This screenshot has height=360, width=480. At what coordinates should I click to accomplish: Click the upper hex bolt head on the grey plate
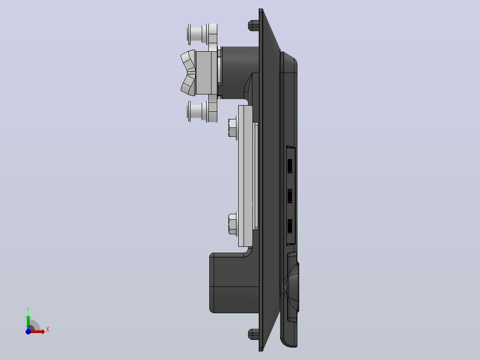pyautogui.click(x=232, y=127)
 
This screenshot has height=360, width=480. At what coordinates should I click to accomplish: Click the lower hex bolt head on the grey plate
pyautogui.click(x=232, y=224)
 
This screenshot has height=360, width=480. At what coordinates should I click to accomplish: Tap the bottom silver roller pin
pyautogui.click(x=202, y=111)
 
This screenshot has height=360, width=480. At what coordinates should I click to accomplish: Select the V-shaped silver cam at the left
pyautogui.click(x=189, y=73)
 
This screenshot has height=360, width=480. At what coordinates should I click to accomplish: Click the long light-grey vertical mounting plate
pyautogui.click(x=245, y=176)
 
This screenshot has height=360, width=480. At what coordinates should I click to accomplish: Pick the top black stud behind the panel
pyautogui.click(x=253, y=25)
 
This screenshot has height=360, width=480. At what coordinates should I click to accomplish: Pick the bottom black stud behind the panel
pyautogui.click(x=253, y=334)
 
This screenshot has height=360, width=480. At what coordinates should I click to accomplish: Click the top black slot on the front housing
pyautogui.click(x=289, y=166)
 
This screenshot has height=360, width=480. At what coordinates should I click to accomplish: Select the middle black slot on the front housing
pyautogui.click(x=289, y=196)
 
